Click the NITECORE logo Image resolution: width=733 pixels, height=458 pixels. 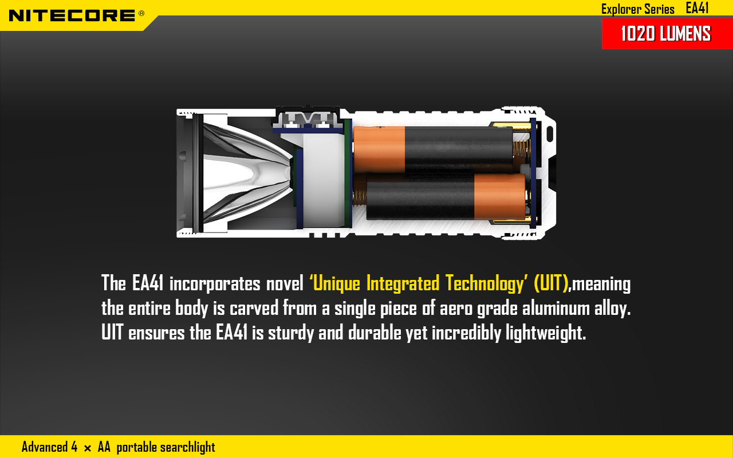72,15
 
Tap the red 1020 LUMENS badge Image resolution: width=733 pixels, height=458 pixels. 667,34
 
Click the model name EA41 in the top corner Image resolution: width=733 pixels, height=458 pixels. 697,8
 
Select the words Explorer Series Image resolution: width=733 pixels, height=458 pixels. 638,9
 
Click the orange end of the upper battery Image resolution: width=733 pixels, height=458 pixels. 380,149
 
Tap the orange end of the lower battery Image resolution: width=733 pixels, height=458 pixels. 500,196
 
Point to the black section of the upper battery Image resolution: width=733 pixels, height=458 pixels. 459,149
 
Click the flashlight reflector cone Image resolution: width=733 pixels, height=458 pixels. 247,173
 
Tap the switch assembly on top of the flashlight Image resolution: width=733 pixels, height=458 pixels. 308,119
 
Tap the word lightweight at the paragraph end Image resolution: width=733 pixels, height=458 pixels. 546,333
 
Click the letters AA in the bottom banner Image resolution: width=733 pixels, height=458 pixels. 104,447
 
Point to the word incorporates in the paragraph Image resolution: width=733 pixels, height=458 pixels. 215,284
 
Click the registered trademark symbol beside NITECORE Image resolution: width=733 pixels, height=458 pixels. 141,13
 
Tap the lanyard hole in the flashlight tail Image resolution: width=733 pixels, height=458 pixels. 550,134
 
